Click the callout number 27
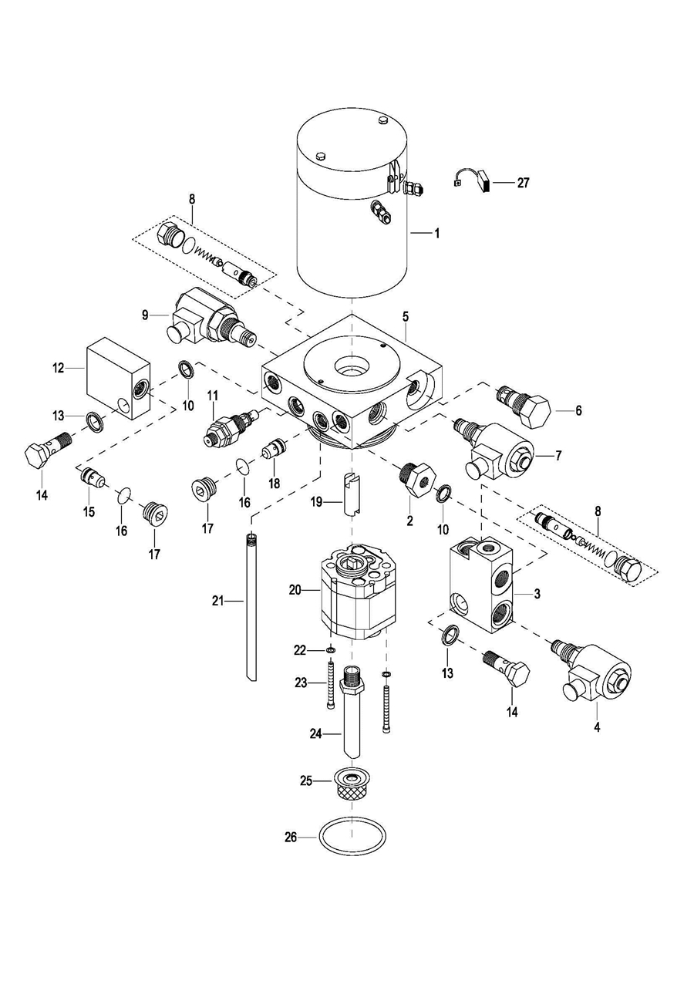pos(524,183)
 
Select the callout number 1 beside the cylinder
pos(436,232)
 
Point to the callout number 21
pos(218,599)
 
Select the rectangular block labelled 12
pos(116,377)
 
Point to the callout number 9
pos(144,314)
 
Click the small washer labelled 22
pos(331,650)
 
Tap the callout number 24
pos(315,733)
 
